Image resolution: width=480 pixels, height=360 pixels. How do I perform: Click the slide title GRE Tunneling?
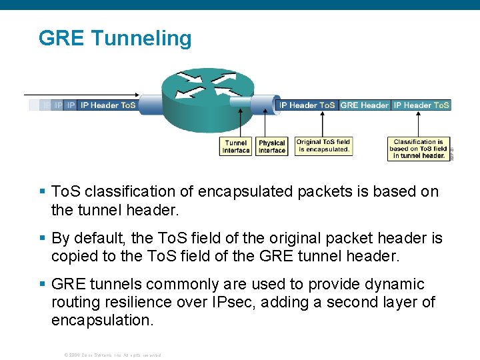[115, 38]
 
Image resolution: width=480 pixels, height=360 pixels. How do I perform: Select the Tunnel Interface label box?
[236, 147]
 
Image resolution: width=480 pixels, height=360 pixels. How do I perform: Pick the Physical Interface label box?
[272, 147]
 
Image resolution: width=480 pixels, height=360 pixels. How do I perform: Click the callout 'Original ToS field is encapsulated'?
[323, 146]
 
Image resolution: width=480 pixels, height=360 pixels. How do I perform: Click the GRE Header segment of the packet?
[365, 105]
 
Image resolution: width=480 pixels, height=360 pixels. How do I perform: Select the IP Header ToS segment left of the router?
[107, 105]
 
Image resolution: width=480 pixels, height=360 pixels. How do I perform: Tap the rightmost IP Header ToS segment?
[421, 105]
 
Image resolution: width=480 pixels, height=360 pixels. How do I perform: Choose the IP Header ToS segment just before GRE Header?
[307, 105]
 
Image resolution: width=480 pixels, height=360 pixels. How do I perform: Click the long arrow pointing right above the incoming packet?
[80, 95]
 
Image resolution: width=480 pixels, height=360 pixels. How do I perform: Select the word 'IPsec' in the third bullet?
[235, 302]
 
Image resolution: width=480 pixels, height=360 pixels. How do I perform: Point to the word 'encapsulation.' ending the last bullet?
[102, 320]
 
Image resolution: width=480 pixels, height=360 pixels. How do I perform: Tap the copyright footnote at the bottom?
[112, 355]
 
